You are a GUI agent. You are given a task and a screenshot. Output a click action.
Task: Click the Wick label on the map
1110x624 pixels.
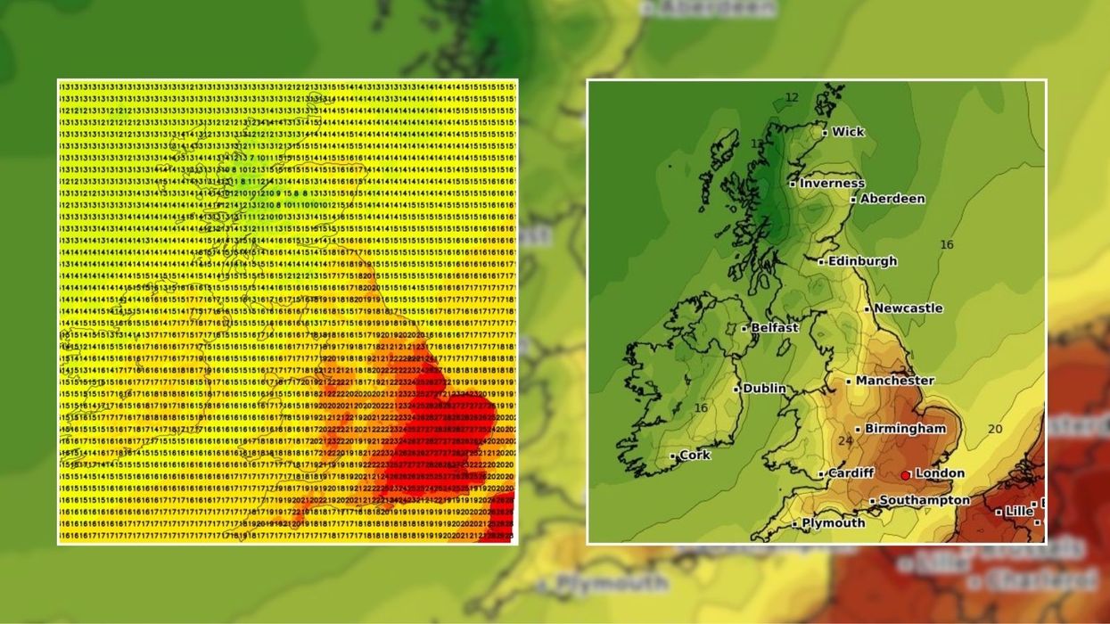(x=848, y=132)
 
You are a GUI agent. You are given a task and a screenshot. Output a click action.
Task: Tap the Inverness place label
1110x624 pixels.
(x=832, y=184)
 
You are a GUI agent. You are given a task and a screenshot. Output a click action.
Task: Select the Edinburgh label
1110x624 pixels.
(x=862, y=261)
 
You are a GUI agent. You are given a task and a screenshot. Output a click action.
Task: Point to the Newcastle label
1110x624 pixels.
(x=908, y=308)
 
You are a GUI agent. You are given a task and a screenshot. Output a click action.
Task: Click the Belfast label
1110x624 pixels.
(x=774, y=328)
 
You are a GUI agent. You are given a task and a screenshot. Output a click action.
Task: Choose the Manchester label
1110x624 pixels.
(x=895, y=381)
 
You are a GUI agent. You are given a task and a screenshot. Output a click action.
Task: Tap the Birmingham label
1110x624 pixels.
(x=905, y=429)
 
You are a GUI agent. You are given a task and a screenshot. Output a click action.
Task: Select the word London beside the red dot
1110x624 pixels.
(x=940, y=473)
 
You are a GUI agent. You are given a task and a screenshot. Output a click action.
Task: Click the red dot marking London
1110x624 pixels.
(x=906, y=475)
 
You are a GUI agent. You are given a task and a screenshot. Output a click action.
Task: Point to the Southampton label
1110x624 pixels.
(x=925, y=501)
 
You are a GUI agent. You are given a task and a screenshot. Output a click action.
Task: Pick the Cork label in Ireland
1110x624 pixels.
(x=695, y=455)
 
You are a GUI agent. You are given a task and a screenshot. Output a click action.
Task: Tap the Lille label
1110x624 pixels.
(x=1018, y=512)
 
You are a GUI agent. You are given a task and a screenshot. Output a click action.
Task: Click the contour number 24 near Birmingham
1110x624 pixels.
(x=845, y=440)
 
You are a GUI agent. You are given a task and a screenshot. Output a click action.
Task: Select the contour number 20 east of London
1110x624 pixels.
(x=995, y=429)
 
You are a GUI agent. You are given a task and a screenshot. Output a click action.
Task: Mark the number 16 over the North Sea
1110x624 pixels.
(x=946, y=244)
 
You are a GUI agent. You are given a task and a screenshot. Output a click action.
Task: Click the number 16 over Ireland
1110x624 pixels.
(x=701, y=408)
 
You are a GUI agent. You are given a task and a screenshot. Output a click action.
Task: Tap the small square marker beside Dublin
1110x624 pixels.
(x=736, y=389)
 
